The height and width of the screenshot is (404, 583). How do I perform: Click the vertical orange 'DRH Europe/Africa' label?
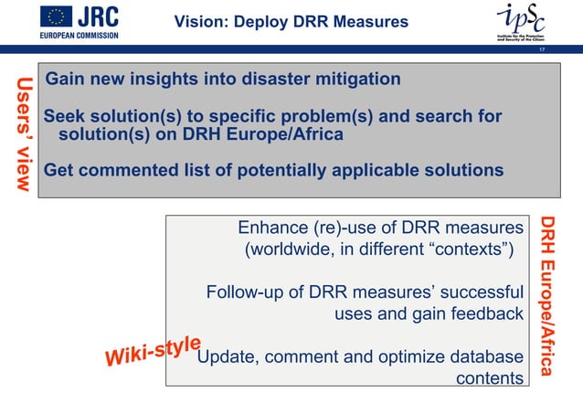click(x=546, y=296)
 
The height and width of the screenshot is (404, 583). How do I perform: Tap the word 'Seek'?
click(x=66, y=117)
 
